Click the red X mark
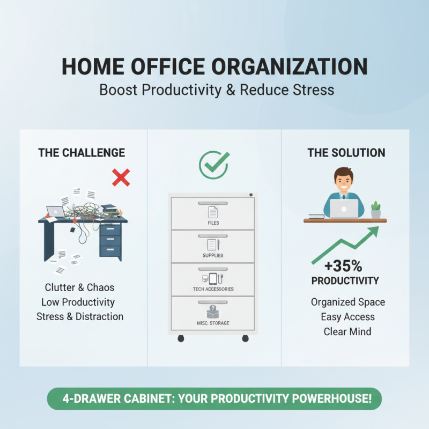tap(121, 177)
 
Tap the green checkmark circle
tap(214, 165)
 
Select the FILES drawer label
tap(213, 223)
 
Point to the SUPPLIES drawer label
tap(213, 256)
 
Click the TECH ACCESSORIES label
tap(213, 289)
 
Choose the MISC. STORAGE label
tap(213, 323)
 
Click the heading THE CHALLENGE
tap(82, 153)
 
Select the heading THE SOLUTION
tap(346, 153)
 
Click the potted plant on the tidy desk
tap(375, 210)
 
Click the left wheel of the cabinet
tap(181, 339)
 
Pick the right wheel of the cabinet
tap(246, 339)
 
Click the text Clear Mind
tap(347, 332)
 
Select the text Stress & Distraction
tap(80, 316)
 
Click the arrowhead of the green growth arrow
tap(373, 231)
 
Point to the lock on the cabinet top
tap(250, 195)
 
